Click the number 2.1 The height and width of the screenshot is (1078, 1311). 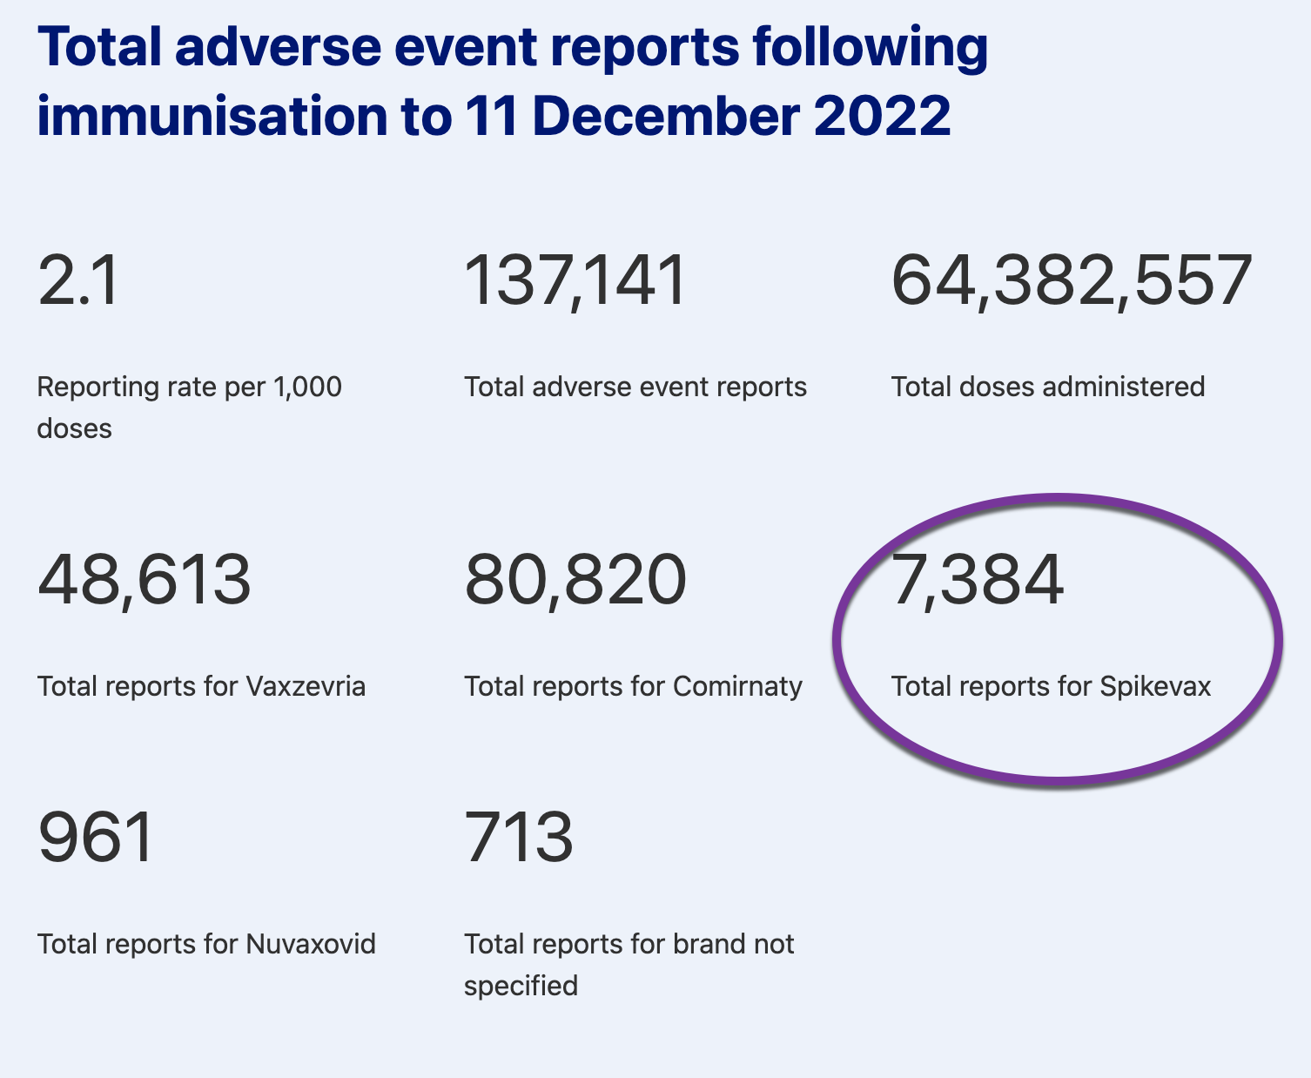pyautogui.click(x=78, y=281)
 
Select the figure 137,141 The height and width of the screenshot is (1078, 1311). pyautogui.click(x=575, y=281)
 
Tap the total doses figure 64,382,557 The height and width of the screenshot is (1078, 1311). pyautogui.click(x=1072, y=281)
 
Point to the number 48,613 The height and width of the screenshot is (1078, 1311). pyautogui.click(x=145, y=580)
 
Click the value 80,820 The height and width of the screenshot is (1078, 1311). pyautogui.click(x=575, y=580)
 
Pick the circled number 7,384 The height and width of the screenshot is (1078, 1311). pyautogui.click(x=977, y=580)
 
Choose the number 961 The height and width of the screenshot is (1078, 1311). pyautogui.click(x=96, y=837)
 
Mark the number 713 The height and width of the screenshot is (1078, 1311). pyautogui.click(x=519, y=837)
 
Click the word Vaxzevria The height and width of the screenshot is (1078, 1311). pyautogui.click(x=306, y=686)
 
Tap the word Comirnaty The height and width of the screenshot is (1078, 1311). pyautogui.click(x=737, y=686)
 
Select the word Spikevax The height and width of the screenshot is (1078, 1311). pyautogui.click(x=1155, y=686)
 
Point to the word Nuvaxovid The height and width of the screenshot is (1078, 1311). pyautogui.click(x=311, y=944)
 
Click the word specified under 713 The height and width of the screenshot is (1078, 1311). pyautogui.click(x=521, y=986)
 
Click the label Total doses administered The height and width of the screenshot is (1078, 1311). pyautogui.click(x=1048, y=387)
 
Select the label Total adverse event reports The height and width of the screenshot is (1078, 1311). pyautogui.click(x=635, y=387)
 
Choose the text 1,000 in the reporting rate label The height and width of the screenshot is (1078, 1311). pyautogui.click(x=307, y=387)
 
